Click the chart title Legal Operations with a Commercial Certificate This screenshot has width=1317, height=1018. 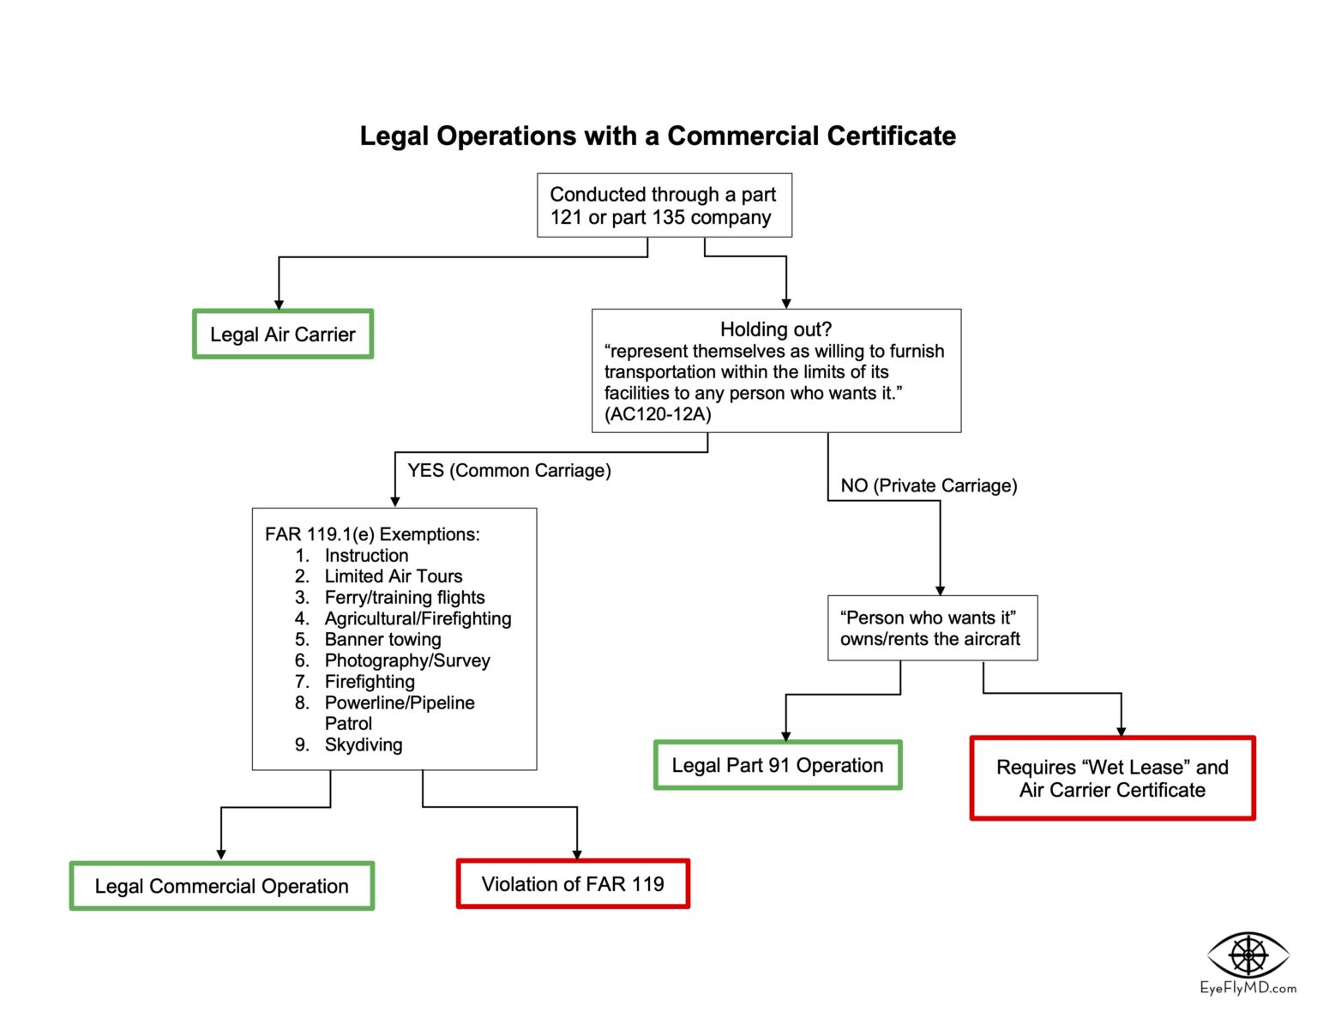tap(658, 136)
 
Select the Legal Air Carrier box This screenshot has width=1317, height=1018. tap(283, 334)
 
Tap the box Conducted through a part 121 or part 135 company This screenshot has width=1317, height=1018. tap(664, 206)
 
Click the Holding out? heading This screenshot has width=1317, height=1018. tap(775, 329)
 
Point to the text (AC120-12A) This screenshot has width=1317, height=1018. tap(658, 414)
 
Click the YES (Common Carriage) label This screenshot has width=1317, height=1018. tap(509, 471)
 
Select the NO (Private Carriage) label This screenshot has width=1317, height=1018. tap(929, 485)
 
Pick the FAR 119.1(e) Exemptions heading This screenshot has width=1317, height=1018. tap(372, 534)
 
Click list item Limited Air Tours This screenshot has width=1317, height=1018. tap(393, 576)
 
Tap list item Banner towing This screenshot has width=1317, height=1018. tap(382, 640)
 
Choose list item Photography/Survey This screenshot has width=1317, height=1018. tap(407, 660)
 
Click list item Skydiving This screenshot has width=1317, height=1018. tap(363, 744)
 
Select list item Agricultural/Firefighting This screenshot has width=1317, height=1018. tap(418, 618)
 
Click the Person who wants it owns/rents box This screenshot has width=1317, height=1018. tap(932, 629)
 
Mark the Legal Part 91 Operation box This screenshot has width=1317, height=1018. tap(778, 765)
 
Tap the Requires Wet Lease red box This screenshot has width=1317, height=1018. tap(1112, 779)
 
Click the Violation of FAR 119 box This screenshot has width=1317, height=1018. tap(573, 884)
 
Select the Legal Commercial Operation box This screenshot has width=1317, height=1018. tap(222, 886)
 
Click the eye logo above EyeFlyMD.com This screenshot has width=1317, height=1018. tap(1248, 954)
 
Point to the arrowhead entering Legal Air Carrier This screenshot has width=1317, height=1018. tap(279, 304)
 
